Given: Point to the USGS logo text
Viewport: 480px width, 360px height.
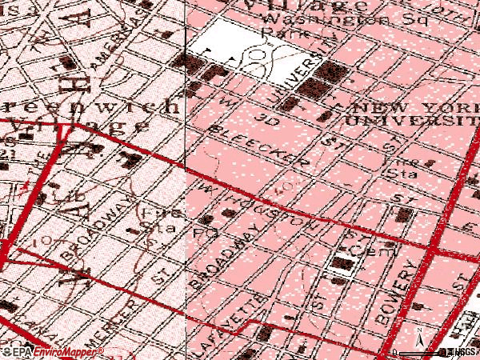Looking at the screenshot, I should coord(462,352).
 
